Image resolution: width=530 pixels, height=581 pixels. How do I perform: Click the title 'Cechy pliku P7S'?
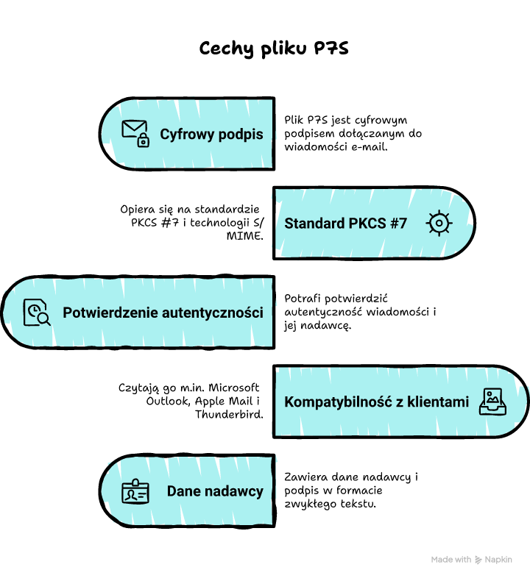274,49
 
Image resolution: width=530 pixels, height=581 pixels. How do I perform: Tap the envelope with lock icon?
135,134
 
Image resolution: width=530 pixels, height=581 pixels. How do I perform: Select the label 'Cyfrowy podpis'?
211,135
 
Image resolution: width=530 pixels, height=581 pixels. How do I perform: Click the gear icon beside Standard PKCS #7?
439,223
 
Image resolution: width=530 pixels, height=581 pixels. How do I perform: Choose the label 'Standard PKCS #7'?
345,224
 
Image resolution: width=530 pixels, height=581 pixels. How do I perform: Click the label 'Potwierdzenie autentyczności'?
163,313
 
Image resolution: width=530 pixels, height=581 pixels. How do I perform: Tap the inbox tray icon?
492,402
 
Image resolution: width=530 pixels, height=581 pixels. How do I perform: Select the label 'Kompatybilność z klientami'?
376,402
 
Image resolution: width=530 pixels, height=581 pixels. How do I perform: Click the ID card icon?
135,491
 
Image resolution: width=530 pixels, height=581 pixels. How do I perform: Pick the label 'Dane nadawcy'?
215,491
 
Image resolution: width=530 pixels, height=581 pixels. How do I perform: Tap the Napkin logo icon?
478,560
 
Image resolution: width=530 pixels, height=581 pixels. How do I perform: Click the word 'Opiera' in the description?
139,209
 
